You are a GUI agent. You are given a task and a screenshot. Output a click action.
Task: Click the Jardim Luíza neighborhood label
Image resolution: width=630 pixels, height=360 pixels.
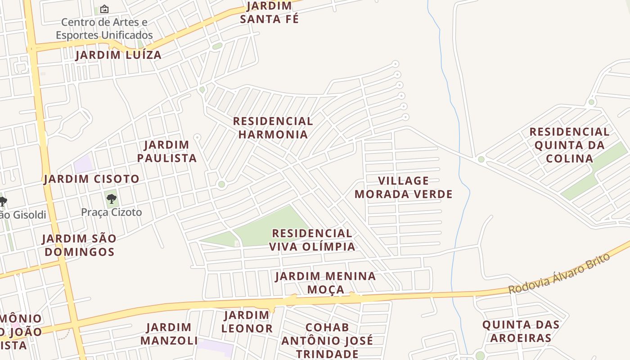click(118, 55)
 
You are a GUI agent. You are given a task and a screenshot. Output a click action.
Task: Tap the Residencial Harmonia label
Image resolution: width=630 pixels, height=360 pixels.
click(273, 128)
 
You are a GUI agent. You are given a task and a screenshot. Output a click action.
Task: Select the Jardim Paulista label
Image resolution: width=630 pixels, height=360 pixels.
click(167, 152)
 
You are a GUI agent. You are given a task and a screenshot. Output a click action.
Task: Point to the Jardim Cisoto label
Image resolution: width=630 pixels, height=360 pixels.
click(92, 179)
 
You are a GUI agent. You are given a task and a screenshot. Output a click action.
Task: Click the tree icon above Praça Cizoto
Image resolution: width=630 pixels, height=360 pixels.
click(112, 199)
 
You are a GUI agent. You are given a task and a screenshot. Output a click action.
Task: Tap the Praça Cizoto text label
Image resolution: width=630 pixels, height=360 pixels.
click(112, 212)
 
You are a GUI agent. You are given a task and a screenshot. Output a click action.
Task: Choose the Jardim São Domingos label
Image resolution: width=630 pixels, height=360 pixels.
click(80, 245)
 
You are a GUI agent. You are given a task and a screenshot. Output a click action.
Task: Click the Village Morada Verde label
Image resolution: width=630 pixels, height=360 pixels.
click(404, 188)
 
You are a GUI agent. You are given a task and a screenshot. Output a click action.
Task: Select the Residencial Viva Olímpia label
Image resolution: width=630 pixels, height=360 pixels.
click(312, 240)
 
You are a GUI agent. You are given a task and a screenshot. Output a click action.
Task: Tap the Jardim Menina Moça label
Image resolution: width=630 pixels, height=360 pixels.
click(326, 283)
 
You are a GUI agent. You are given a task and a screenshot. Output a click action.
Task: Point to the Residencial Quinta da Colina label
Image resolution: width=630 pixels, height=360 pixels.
click(569, 145)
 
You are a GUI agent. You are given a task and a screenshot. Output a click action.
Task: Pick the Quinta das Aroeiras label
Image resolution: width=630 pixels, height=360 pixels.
click(521, 331)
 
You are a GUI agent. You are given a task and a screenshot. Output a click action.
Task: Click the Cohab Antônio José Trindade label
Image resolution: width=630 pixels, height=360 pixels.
click(327, 340)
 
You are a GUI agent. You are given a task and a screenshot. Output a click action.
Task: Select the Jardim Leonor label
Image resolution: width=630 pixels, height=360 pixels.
click(247, 322)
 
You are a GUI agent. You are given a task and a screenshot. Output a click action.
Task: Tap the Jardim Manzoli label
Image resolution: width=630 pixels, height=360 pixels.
click(169, 334)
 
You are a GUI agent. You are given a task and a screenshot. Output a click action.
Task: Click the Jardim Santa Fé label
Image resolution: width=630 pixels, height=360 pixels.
click(270, 13)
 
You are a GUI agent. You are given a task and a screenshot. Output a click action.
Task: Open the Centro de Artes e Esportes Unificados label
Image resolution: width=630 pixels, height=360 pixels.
click(104, 28)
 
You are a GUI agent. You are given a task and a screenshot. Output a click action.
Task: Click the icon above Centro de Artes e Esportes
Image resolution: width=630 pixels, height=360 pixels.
click(104, 9)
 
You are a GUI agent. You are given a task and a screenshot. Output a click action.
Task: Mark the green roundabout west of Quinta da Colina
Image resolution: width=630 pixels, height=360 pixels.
click(481, 159)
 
